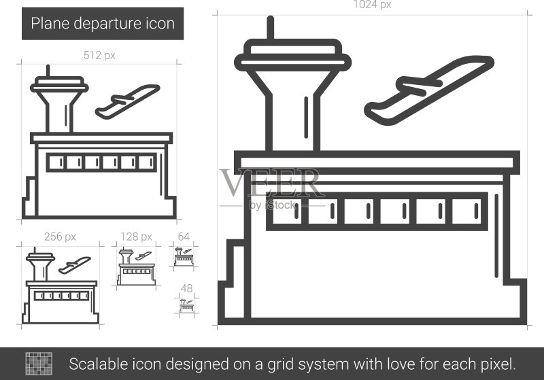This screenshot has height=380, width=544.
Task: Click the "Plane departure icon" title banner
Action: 103,24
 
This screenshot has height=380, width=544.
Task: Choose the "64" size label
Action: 184,237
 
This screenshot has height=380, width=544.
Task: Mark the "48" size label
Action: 186,288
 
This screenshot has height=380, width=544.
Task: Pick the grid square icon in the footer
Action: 39,364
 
